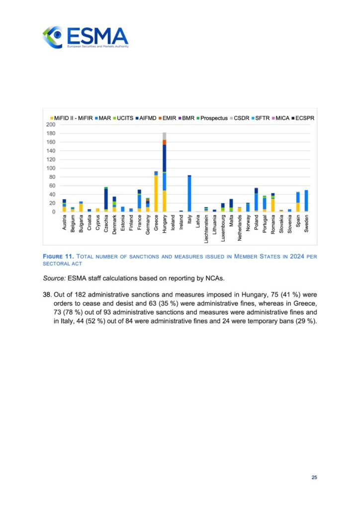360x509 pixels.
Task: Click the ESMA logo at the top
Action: coord(85,37)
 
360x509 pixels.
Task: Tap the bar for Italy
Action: coord(189,194)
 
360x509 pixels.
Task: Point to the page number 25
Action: coord(314,478)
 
